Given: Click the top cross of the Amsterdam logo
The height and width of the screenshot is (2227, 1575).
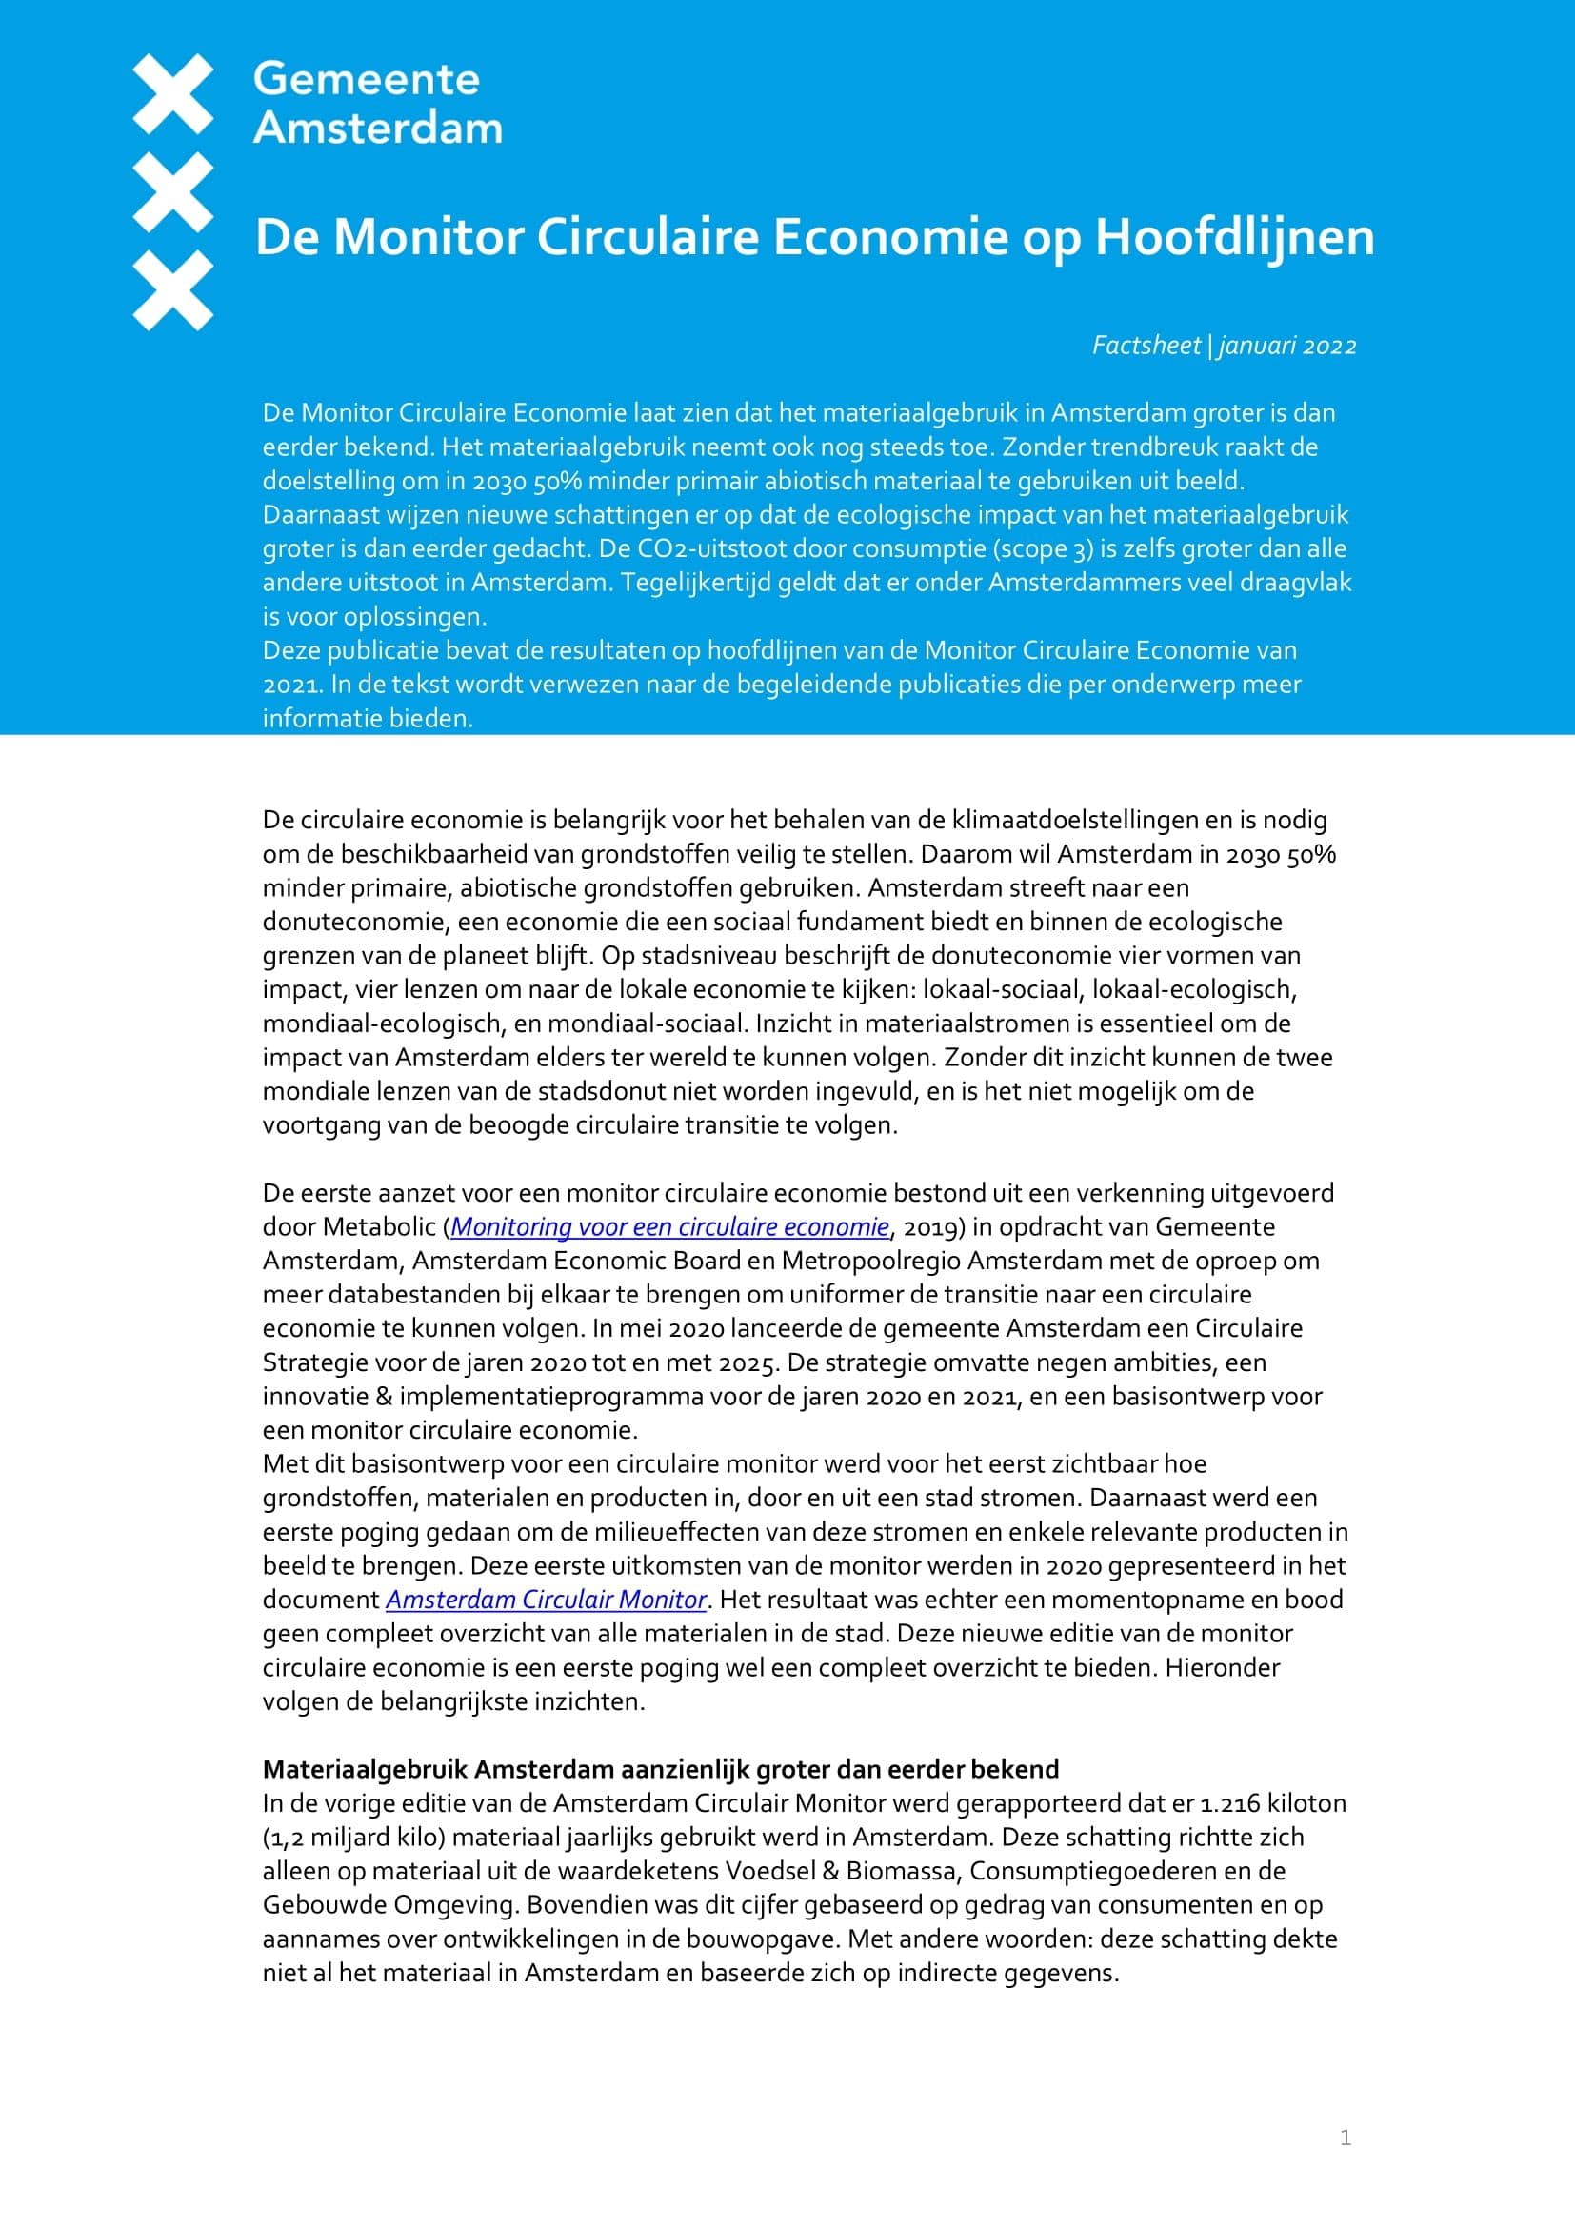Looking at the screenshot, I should (x=172, y=94).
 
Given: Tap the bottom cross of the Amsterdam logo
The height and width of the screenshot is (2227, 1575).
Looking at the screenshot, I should (x=172, y=290).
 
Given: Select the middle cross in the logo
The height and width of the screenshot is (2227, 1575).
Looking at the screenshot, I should (x=172, y=192).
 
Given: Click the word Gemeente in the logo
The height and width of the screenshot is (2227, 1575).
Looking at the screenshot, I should (x=366, y=80).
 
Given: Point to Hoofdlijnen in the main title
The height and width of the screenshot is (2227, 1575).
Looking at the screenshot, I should (x=1233, y=237).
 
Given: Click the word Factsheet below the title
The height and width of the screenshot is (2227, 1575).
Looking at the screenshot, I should (x=1146, y=346).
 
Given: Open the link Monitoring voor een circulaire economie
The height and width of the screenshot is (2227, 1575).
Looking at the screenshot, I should (x=669, y=1227).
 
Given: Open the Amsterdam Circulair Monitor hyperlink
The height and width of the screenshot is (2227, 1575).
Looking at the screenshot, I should (x=546, y=1600).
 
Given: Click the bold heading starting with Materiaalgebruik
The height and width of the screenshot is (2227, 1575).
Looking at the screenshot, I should (x=660, y=1769).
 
